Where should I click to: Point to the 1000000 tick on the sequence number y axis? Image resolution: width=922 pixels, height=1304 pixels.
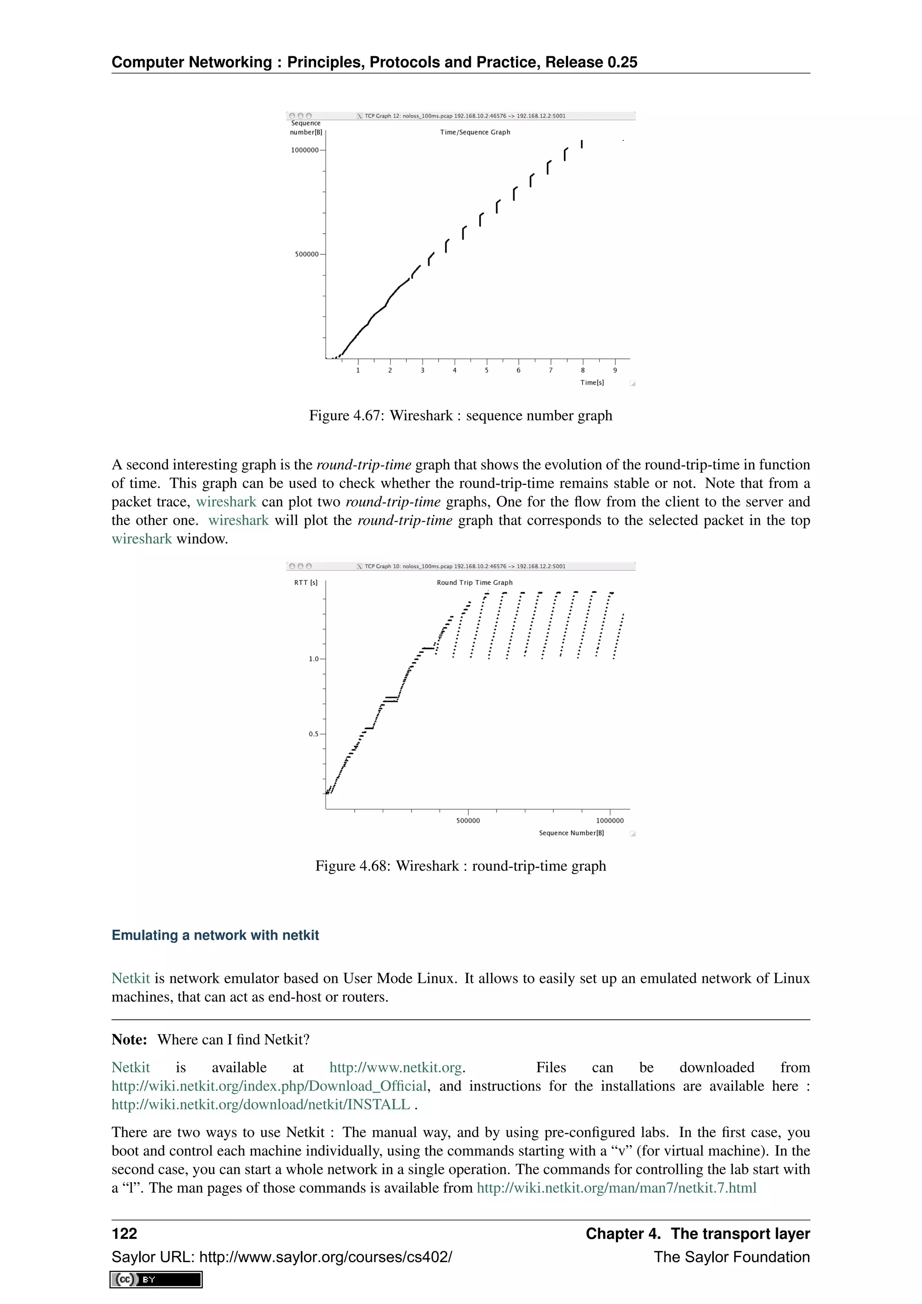click(x=305, y=150)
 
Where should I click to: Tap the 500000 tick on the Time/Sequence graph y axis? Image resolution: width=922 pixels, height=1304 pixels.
click(x=307, y=254)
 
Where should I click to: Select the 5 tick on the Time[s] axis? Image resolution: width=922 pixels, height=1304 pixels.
click(x=487, y=370)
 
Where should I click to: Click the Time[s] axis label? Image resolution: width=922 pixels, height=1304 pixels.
click(x=592, y=383)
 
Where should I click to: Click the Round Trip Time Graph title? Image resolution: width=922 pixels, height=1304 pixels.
click(x=475, y=583)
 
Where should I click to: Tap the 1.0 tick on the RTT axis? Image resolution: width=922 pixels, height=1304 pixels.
click(x=314, y=659)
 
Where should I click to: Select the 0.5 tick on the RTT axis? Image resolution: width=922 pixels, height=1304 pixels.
click(x=314, y=734)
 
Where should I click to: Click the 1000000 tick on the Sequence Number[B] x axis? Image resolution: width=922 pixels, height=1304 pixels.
click(x=610, y=821)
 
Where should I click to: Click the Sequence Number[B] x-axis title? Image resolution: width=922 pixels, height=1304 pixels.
click(x=571, y=833)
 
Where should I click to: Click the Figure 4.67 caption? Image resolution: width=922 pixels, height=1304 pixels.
click(x=461, y=416)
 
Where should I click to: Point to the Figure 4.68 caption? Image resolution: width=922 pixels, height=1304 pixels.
click(x=461, y=866)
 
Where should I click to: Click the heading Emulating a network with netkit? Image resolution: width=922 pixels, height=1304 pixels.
click(x=215, y=935)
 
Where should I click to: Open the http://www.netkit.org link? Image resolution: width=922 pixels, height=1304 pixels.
click(x=396, y=1068)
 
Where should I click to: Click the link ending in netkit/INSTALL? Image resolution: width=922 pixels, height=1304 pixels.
click(x=261, y=1105)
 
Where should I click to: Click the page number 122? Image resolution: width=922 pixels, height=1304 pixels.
click(x=124, y=1234)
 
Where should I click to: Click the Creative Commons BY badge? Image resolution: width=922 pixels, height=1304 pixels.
click(x=156, y=1280)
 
